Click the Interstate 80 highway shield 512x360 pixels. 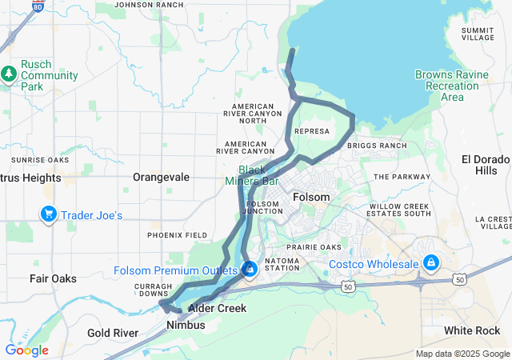(x=38, y=6)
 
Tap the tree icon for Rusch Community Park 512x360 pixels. (x=9, y=74)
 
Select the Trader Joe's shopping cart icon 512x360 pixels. (x=49, y=214)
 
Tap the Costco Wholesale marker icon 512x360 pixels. (x=430, y=262)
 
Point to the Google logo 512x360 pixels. (x=26, y=350)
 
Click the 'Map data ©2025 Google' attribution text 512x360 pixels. (x=462, y=354)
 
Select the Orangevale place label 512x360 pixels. (x=161, y=176)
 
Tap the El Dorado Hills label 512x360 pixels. (x=485, y=165)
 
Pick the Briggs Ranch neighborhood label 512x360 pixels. (x=383, y=146)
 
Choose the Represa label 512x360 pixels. (x=312, y=131)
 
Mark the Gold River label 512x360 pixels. (x=113, y=332)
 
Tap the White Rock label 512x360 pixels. (x=472, y=330)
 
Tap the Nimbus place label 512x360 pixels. (x=186, y=325)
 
